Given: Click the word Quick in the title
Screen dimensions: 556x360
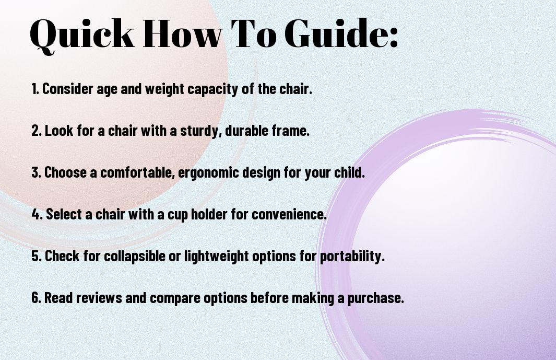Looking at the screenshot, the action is pyautogui.click(x=82, y=34).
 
